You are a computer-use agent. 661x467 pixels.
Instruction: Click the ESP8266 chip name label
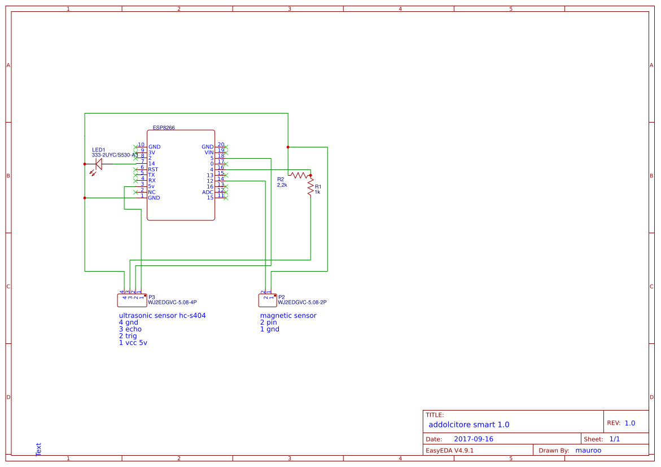coord(164,128)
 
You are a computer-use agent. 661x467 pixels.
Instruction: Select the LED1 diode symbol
coord(98,164)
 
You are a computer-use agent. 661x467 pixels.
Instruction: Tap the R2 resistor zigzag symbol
coord(299,175)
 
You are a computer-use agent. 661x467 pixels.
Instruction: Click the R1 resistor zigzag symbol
coord(310,187)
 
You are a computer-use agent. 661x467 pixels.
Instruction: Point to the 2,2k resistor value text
coord(282,185)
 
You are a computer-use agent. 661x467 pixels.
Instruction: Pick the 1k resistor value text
coord(318,192)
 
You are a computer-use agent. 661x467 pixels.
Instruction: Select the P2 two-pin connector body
coord(268,299)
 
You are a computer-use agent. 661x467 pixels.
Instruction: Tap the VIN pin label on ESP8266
coord(209,152)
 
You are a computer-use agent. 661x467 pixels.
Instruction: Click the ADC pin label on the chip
coord(208,192)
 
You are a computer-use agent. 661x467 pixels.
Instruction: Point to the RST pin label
coord(153,169)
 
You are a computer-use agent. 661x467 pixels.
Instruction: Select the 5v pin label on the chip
coord(151,186)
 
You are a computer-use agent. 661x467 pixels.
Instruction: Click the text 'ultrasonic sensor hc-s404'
coord(162,316)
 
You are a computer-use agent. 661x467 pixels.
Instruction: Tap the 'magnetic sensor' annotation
coord(288,316)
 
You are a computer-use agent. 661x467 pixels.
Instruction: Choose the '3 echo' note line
coord(130,329)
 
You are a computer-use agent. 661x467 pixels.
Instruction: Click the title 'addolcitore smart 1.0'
coord(469,425)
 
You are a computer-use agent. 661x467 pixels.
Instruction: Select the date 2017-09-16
coord(473,439)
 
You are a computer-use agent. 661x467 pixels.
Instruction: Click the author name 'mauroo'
coord(588,451)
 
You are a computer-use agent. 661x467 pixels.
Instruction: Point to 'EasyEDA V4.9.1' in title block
coord(449,451)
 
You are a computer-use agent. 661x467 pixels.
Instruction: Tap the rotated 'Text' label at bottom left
coord(38,449)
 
